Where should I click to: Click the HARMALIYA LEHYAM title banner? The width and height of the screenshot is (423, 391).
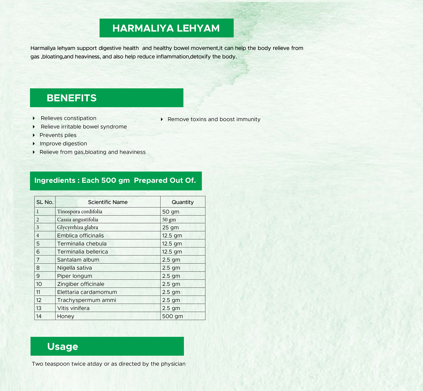tap(166, 28)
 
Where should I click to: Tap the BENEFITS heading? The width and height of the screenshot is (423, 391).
tap(72, 98)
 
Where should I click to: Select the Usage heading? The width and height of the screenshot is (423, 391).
tap(62, 346)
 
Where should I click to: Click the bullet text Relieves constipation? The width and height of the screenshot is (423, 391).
tap(68, 118)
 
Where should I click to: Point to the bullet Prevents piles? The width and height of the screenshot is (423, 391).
tap(58, 135)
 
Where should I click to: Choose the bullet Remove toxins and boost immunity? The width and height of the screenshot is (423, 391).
tap(214, 119)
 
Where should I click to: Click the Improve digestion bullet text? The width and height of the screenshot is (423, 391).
tap(63, 144)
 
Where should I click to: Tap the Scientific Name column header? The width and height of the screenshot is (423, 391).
tap(107, 202)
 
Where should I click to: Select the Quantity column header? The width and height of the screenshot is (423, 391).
tap(183, 202)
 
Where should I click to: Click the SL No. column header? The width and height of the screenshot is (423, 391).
tap(45, 202)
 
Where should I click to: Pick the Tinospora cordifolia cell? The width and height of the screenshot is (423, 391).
tap(80, 212)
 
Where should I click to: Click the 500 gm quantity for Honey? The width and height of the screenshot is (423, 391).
tap(173, 316)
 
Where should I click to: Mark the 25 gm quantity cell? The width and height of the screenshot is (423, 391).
tap(170, 227)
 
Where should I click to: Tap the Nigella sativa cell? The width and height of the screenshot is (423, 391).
tap(75, 268)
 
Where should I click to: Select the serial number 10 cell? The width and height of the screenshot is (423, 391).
tap(39, 284)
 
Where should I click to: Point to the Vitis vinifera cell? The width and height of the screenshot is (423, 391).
tap(73, 308)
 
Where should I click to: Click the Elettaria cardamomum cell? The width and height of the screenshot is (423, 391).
tap(87, 292)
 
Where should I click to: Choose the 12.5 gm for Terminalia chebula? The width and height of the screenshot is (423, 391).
tap(172, 244)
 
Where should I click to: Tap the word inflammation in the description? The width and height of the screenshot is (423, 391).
tap(173, 57)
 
